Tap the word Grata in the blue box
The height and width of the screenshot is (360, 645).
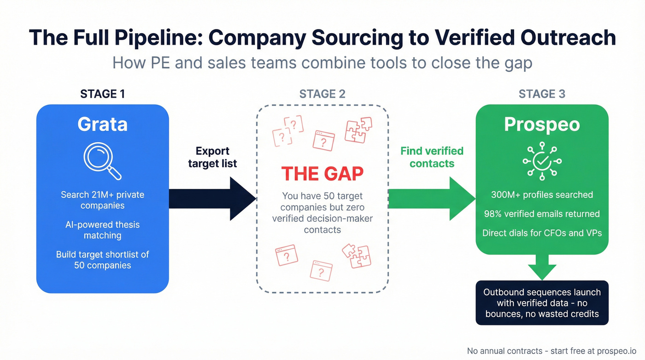coord(102,124)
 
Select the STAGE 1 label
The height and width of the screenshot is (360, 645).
coord(102,94)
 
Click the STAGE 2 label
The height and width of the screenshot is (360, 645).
coord(322,94)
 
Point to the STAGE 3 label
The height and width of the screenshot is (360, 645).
coord(542,94)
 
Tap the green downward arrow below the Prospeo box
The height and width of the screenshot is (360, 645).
coord(542,267)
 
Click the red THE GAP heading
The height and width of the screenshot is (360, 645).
coord(322,174)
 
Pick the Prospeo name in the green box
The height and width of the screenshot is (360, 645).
coord(542,124)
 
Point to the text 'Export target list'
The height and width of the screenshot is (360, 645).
coord(212,157)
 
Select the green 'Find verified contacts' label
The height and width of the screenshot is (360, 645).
coord(432,157)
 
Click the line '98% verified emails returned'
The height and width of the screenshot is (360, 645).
coord(542,214)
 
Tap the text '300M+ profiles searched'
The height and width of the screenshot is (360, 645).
coord(542,195)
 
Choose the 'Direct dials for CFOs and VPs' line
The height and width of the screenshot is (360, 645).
coord(542,233)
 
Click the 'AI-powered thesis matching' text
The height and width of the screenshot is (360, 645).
coord(102,230)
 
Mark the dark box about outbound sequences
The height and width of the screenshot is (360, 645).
coord(542,303)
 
